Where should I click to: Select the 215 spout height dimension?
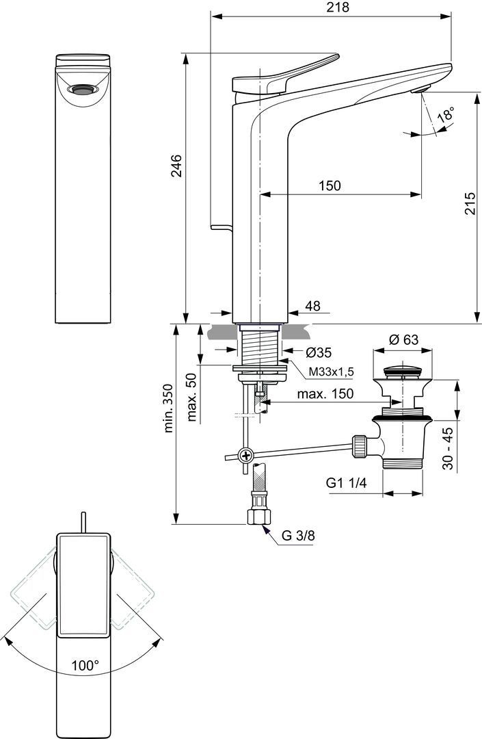[x=470, y=203]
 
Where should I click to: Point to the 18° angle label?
[x=446, y=114]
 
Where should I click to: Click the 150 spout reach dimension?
[x=329, y=185]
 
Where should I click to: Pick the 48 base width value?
[x=312, y=307]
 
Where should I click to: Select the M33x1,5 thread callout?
[x=330, y=371]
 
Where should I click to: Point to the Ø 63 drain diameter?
[x=403, y=339]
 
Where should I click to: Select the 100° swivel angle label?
[x=84, y=664]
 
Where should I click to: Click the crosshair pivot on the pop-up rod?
[x=245, y=455]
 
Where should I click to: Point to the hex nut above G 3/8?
[x=259, y=514]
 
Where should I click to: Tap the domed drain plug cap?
[x=403, y=372]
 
